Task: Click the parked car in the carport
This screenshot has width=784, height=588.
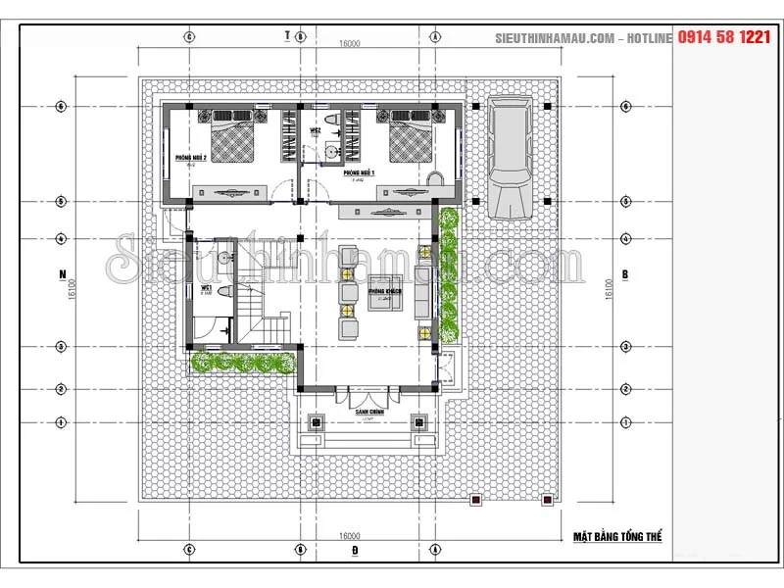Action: (510, 157)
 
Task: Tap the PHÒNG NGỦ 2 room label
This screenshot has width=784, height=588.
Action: (190, 157)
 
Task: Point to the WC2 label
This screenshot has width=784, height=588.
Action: (317, 130)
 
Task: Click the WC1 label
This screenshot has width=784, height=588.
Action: (207, 288)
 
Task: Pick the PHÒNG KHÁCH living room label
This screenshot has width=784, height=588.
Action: (382, 292)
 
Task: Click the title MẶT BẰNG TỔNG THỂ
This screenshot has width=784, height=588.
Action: (617, 537)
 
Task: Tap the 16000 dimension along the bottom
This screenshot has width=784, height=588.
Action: (351, 536)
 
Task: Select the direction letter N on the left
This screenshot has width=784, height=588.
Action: (62, 272)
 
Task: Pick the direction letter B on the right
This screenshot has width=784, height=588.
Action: (624, 273)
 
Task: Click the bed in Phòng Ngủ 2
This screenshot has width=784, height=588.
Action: (235, 140)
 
